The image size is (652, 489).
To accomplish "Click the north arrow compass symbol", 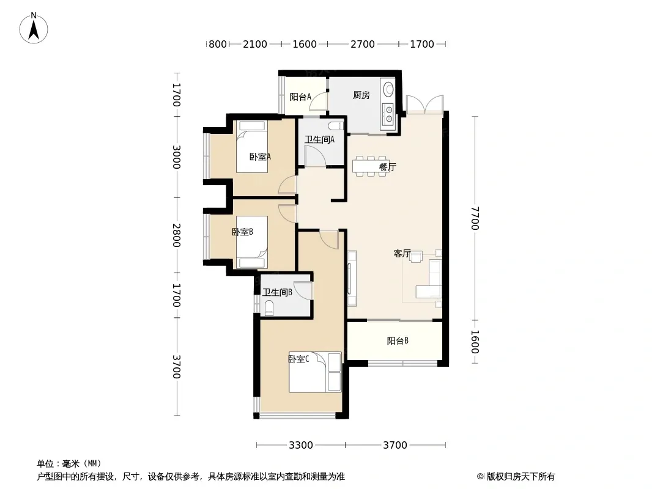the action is coord(34,28).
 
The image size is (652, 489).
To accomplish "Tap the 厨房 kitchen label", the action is coord(361,95).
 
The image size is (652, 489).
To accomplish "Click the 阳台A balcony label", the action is coord(300,97).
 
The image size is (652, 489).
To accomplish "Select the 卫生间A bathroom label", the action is coord(319,139).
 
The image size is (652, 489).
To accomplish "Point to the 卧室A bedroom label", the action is coord(261,156).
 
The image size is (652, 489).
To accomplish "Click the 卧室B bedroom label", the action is coord(242,232).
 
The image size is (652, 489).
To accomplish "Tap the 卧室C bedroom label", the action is coord(298,359).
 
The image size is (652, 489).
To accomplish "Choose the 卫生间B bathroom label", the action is coord(277,293).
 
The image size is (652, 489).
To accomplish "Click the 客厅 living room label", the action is coord(402,253).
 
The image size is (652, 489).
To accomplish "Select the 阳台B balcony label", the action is coord(398,341).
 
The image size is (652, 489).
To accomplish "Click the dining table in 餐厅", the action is coord(371,166).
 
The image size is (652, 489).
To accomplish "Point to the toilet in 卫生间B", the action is coord(269,308).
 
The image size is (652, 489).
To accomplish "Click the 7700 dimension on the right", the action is coord(475,218).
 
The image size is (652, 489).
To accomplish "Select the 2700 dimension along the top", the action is coord(363,44).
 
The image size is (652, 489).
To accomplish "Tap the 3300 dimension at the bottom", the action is coord(301,446).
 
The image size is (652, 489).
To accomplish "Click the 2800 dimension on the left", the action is coord(177,235).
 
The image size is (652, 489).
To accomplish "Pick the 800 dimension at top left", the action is coord(218,44).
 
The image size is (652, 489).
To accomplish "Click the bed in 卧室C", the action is coord(315,372).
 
